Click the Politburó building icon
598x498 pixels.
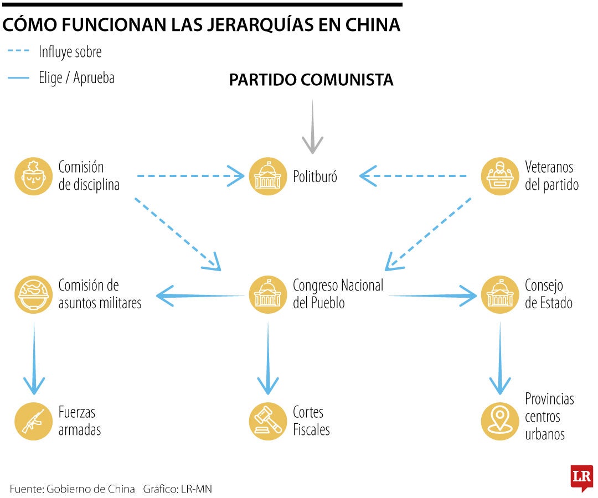tap(268, 177)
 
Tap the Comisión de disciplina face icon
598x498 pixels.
tap(34, 177)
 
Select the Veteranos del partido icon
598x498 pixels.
tap(500, 177)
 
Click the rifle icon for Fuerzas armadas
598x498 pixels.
tap(34, 421)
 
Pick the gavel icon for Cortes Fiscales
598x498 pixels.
tap(268, 421)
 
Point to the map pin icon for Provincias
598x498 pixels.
tap(500, 421)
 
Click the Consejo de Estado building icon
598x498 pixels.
tap(500, 295)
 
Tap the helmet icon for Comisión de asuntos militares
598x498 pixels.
tap(34, 295)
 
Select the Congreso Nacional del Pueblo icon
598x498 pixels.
tap(268, 295)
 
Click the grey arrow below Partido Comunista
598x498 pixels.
tap(313, 127)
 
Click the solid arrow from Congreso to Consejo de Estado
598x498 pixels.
tap(432, 296)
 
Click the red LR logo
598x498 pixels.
tap(581, 477)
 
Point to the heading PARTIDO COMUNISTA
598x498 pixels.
tap(311, 80)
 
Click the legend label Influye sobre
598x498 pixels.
tap(70, 53)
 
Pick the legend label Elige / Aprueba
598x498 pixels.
tap(76, 78)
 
